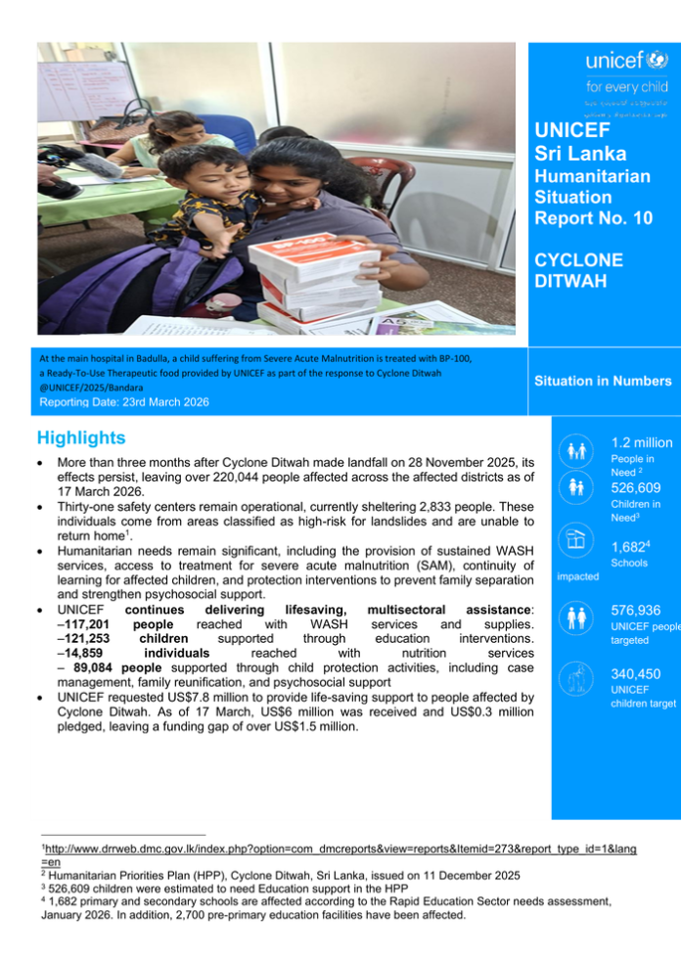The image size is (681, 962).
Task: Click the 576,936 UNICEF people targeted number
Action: pos(636,610)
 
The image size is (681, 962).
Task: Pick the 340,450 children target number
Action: pos(636,674)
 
